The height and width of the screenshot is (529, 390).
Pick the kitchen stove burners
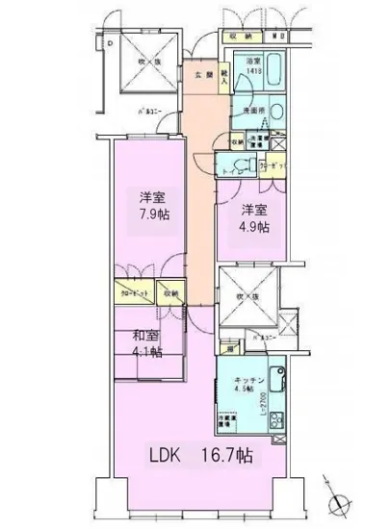coord(277,420)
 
